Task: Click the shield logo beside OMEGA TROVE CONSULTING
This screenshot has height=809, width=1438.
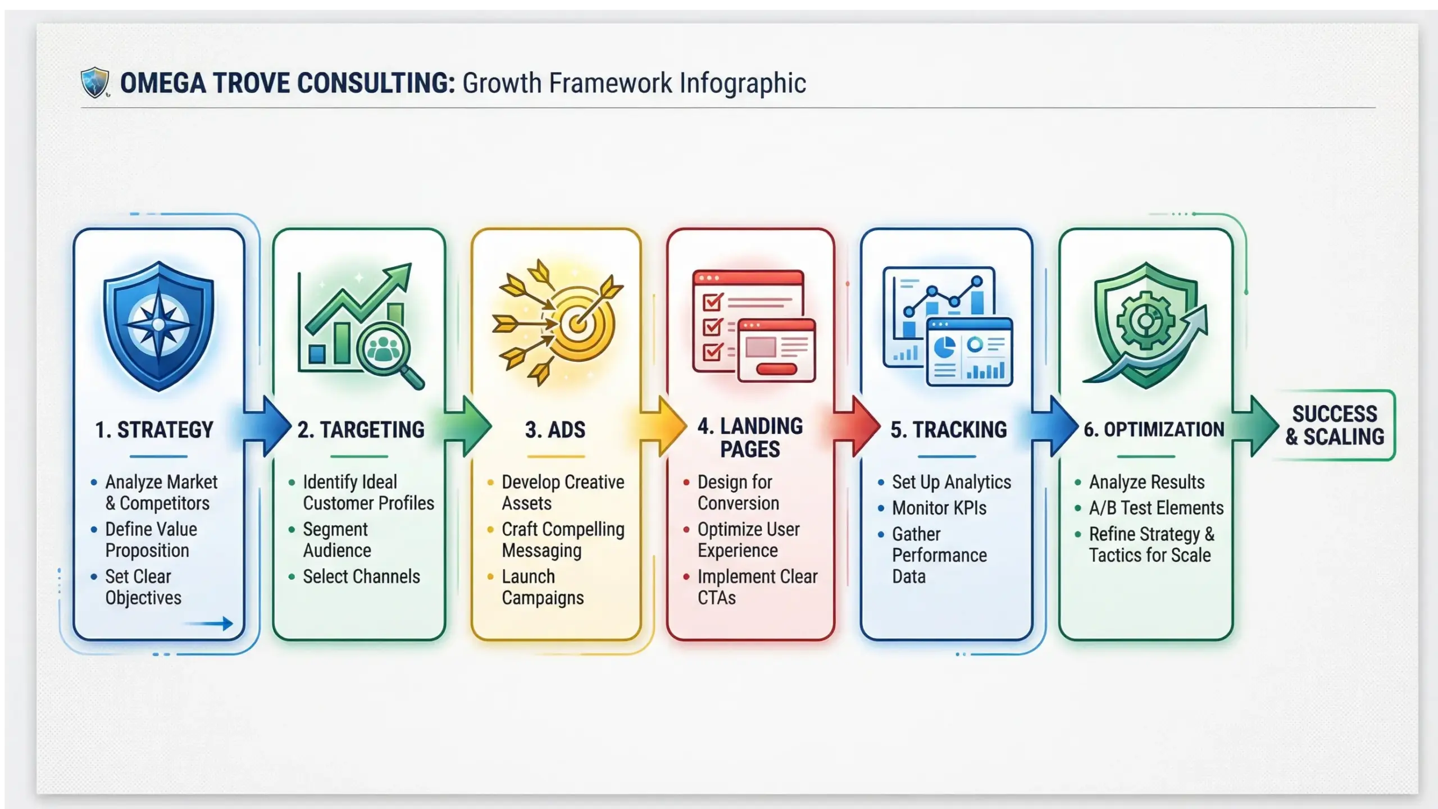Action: pyautogui.click(x=94, y=83)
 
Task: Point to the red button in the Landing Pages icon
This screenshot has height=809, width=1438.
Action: pyautogui.click(x=776, y=369)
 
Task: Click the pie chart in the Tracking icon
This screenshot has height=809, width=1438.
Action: pyautogui.click(x=944, y=347)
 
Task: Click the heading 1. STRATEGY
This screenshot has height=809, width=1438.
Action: pyautogui.click(x=154, y=430)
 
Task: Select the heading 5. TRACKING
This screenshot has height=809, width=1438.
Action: pyautogui.click(x=948, y=430)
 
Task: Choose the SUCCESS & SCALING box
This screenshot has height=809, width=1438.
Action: pyautogui.click(x=1335, y=425)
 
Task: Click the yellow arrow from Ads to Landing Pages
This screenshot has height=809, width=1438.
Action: pyautogui.click(x=663, y=426)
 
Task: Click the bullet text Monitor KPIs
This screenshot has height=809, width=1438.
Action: pyautogui.click(x=939, y=508)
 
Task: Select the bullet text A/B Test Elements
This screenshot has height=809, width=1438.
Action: pyautogui.click(x=1156, y=508)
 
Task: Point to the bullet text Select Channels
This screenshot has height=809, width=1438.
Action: pyautogui.click(x=361, y=576)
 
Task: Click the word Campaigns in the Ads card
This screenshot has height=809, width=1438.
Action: pyautogui.click(x=543, y=598)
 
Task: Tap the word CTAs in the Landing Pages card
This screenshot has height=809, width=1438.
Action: pyautogui.click(x=716, y=598)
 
